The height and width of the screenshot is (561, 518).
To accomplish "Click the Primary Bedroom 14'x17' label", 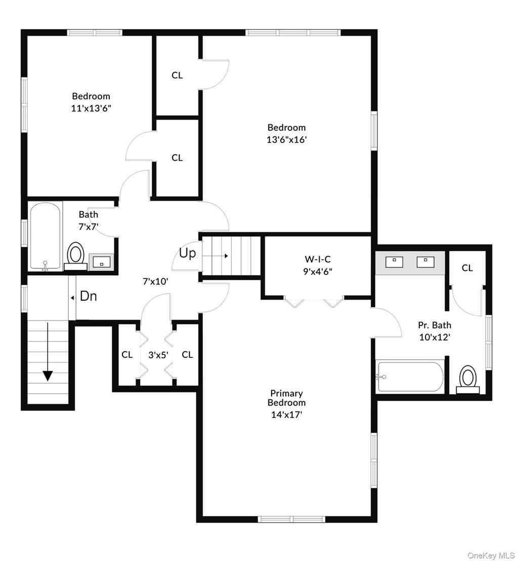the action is [286, 404].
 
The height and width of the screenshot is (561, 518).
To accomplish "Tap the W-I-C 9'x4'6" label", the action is [318, 265].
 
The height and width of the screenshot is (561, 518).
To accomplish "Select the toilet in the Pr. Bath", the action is [467, 379].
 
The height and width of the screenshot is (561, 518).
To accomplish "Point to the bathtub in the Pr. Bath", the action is [410, 377].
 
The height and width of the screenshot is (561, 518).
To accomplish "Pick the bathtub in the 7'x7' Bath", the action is [45, 236].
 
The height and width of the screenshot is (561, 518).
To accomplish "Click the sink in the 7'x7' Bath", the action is [102, 261].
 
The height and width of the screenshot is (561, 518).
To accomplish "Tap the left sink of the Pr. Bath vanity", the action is [394, 262].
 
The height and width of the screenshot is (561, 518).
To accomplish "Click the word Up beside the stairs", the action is [187, 253].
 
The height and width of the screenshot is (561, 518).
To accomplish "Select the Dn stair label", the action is [88, 296].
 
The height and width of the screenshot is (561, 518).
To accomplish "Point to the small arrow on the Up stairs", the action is [215, 256].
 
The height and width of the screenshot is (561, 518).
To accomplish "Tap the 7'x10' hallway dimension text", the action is [155, 282].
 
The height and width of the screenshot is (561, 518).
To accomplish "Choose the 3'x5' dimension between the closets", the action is [158, 355].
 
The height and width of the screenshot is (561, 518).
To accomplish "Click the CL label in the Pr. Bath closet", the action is [467, 268].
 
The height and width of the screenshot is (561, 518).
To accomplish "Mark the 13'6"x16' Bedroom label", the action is [287, 133].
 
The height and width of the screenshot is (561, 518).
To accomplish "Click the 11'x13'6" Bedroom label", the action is [91, 102].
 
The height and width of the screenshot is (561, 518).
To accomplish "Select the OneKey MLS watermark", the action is [491, 555].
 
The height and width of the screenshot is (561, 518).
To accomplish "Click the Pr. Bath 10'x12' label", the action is [435, 331].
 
